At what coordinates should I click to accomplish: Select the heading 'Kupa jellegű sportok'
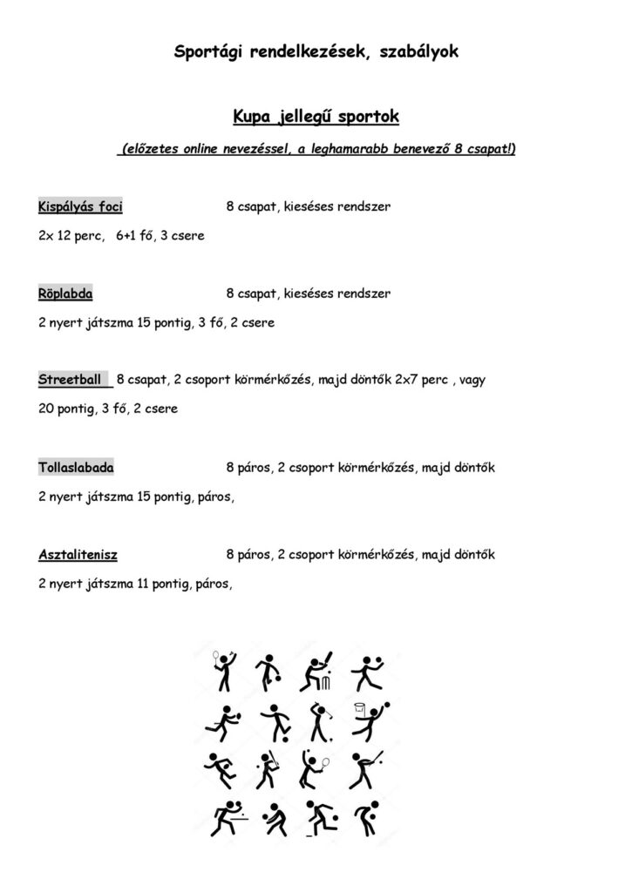click(316, 116)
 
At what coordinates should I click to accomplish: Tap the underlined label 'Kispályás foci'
click(80, 207)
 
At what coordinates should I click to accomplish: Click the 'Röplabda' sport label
click(65, 294)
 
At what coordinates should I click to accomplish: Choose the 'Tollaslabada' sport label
click(76, 468)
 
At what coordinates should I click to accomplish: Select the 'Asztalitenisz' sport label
click(78, 554)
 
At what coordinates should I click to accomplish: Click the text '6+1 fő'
click(133, 236)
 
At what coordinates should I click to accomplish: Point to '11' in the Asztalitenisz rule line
click(143, 584)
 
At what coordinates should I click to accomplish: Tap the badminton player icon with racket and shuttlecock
click(225, 672)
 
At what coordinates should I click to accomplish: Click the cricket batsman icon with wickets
click(315, 672)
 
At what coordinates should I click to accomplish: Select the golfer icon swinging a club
click(315, 721)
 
